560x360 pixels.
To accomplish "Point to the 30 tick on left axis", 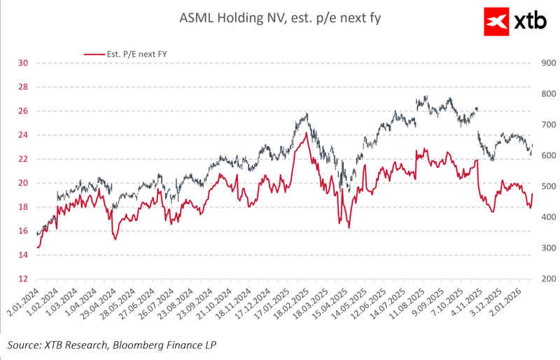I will [23, 63].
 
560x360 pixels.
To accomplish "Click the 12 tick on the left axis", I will [23, 279].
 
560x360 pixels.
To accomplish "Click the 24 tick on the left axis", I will [23, 135].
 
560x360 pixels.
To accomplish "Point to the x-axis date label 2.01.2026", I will [518, 305].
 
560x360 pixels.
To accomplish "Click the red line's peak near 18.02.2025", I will [305, 133].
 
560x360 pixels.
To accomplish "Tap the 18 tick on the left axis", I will [23, 207].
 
